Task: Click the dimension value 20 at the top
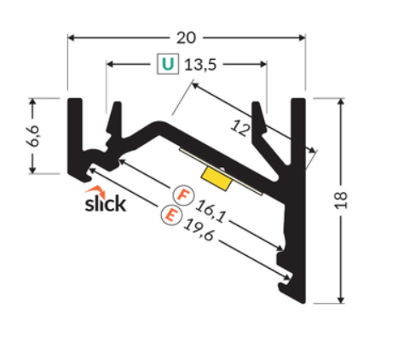(x=186, y=38)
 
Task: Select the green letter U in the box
(x=168, y=64)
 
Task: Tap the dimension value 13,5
(x=200, y=65)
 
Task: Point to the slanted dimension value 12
(x=241, y=129)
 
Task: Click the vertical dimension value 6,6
(x=33, y=136)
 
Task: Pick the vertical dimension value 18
(x=341, y=200)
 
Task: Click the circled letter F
(x=183, y=195)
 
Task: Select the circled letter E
(x=170, y=215)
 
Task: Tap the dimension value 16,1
(x=211, y=211)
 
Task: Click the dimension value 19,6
(x=199, y=230)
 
